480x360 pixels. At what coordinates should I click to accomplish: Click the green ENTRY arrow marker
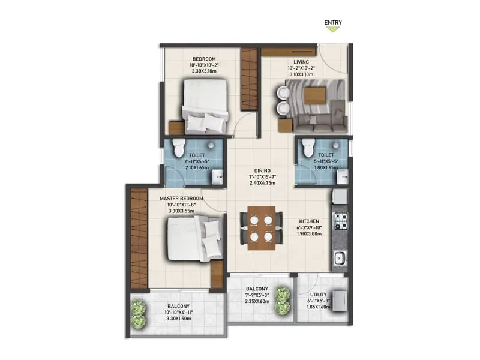pos(333,28)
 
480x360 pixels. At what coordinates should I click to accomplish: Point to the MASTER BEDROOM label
pos(181,197)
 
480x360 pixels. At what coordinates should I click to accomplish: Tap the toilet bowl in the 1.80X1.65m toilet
pos(308,146)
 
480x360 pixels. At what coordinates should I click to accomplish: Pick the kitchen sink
pos(339,258)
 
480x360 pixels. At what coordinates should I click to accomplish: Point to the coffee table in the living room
pos(313,97)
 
